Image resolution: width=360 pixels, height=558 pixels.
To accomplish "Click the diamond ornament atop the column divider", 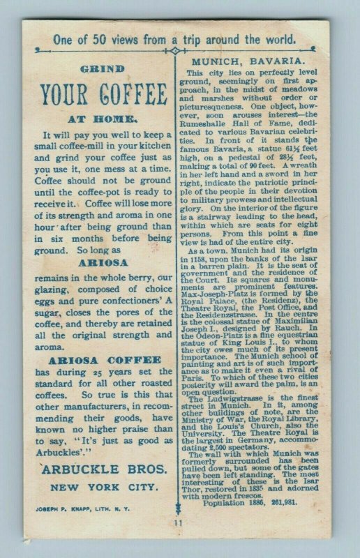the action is [174, 50].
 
